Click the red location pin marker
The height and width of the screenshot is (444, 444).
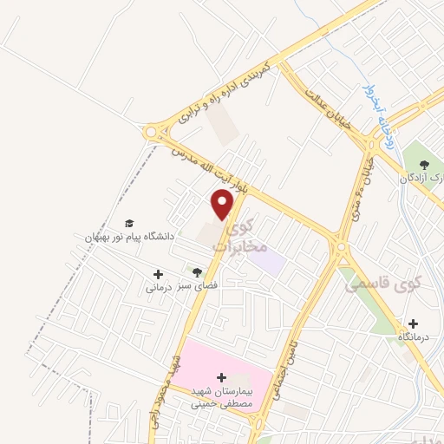tap(224, 204)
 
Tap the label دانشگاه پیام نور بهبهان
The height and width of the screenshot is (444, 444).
tap(130, 236)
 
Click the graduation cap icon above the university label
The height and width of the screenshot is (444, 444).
tap(130, 224)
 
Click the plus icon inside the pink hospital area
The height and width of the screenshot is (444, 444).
tap(222, 378)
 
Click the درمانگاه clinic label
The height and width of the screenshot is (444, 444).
tap(415, 336)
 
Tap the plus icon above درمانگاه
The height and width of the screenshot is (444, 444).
tap(414, 323)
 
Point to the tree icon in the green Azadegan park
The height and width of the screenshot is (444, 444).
tap(424, 164)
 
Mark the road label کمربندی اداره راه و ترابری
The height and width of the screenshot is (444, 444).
tap(224, 91)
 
